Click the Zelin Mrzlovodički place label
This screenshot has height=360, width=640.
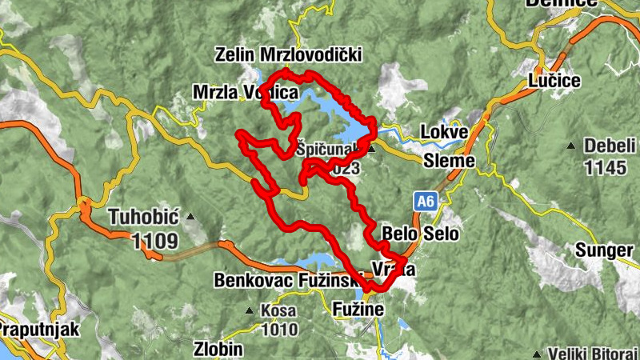coord(289,54)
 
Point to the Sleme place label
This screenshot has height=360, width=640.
coord(450,161)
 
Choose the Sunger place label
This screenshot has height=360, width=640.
coord(603,250)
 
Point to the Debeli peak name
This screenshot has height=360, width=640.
coord(610,146)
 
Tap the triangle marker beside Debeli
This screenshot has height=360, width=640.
coord(570,146)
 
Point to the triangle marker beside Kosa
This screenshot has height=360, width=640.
coord(250,310)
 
